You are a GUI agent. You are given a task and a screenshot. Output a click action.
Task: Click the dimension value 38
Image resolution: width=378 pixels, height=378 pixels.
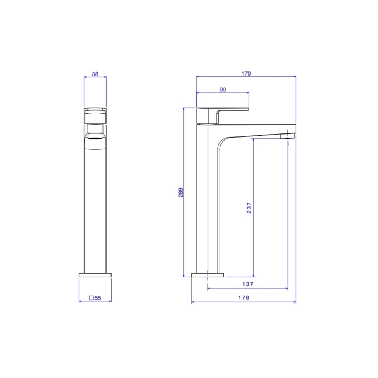95,74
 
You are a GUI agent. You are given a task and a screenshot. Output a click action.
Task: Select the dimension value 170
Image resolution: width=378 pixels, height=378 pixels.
246,74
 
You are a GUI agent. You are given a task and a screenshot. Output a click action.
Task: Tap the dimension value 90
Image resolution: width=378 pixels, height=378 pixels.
223,90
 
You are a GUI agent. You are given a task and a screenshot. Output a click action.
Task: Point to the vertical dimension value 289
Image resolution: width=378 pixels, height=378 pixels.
181,192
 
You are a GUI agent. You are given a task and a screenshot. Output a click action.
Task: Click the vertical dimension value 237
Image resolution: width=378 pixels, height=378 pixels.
249,208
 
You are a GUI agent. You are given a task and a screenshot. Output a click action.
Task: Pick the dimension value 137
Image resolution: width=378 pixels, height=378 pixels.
248,284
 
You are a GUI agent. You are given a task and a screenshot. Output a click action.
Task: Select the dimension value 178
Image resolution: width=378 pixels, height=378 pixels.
244,298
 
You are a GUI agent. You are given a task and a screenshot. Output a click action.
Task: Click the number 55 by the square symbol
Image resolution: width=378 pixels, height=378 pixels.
98,298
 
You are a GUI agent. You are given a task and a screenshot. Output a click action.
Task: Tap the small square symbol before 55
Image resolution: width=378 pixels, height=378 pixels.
91,298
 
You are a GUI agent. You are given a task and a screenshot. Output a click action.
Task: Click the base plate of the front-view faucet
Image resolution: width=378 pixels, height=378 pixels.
95,275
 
